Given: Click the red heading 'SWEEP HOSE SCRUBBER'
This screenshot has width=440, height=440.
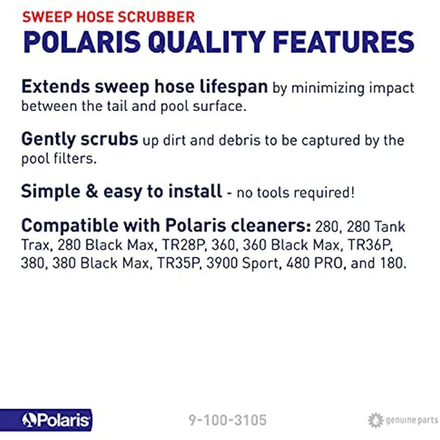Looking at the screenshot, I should tap(108, 15).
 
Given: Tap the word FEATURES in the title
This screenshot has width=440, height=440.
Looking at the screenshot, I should tap(354, 41).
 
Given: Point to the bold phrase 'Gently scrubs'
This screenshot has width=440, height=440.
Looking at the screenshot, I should tap(80, 140).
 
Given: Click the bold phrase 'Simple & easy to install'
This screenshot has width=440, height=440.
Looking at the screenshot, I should tap(121, 192).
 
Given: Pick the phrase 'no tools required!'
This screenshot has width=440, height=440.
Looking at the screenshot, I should tap(295, 193).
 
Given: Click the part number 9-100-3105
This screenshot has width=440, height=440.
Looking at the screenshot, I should tap(228, 420).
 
